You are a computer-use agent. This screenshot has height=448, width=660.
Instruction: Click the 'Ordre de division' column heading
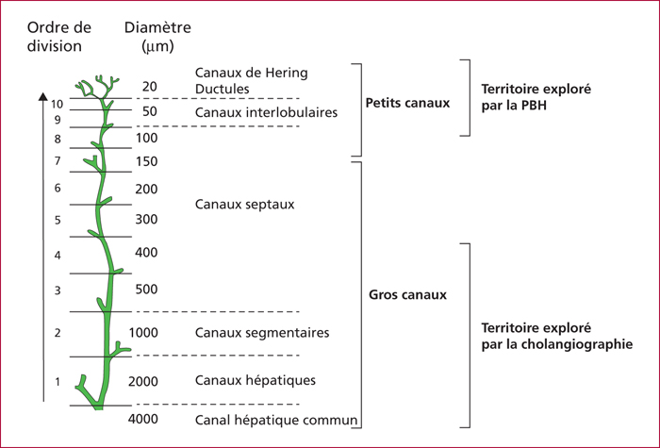pos(58,37)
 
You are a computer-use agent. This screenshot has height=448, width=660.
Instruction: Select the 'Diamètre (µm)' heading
pos(157,37)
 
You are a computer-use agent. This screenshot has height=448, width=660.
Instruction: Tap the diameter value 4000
pos(143,419)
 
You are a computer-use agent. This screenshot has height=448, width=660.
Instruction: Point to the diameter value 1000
pos(143,333)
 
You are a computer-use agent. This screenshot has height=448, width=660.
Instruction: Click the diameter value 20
pos(149,87)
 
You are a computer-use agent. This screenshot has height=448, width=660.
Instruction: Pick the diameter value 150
pos(146,161)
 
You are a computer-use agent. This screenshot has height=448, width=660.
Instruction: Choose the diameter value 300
pos(146,220)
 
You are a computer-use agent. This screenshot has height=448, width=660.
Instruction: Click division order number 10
pos(57,104)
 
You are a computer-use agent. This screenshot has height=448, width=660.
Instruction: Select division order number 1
pos(58,382)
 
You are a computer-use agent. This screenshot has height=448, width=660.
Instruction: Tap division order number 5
pos(58,220)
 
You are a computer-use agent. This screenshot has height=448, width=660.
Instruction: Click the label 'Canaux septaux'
pos(244,205)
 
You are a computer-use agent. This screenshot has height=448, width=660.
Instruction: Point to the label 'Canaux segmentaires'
pos(262,333)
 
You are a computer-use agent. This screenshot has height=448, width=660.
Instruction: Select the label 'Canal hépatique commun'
pos(276,421)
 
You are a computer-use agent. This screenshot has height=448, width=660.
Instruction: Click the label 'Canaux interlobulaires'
pos(266,112)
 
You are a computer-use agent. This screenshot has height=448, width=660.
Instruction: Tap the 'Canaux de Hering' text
pos(252,73)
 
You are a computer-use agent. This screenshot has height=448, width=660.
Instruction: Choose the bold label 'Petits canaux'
pos(407,103)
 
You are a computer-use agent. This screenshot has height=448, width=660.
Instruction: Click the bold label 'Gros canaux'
pos(407,294)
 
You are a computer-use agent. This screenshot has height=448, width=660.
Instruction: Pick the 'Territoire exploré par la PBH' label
pos(536,97)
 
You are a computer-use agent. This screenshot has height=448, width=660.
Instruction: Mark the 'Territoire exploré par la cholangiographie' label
pos(557,336)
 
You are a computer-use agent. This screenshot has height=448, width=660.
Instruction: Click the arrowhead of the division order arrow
pos(43,96)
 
